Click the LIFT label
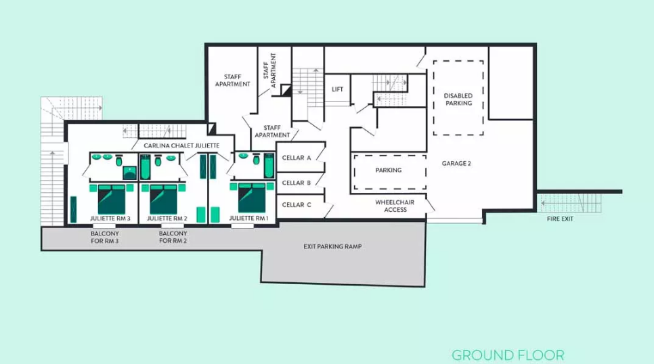(337, 89)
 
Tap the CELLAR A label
(297, 158)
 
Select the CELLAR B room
(297, 183)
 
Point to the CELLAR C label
(297, 205)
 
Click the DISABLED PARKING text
(458, 99)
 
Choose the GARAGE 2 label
(456, 164)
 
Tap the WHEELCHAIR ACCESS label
(395, 206)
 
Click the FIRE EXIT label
(560, 219)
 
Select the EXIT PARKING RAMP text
(332, 246)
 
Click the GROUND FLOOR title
(508, 355)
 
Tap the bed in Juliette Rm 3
(112, 199)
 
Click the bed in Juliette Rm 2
(164, 199)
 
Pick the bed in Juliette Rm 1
(252, 198)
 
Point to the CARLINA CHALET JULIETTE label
(181, 145)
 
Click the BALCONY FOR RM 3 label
(105, 237)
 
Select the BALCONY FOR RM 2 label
(173, 237)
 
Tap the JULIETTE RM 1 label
(248, 218)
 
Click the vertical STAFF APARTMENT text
(270, 70)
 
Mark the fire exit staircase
(570, 203)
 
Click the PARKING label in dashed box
(389, 170)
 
